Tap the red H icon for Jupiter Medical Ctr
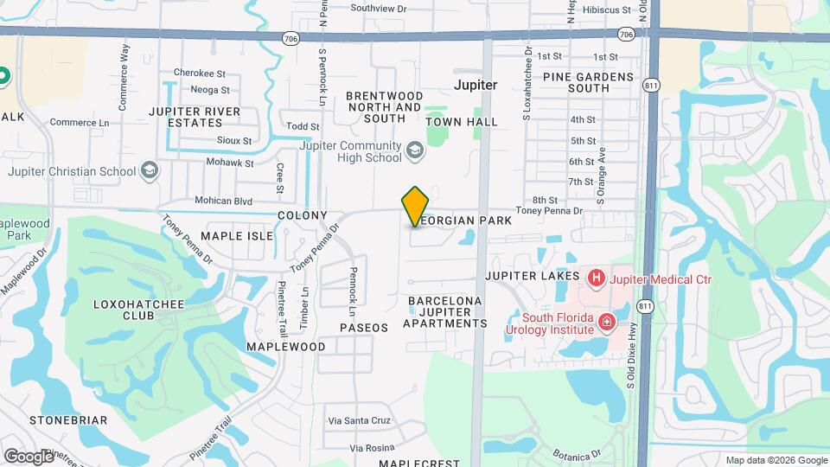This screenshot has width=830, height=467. tap(596, 278)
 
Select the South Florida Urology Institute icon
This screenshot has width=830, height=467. tap(606, 323)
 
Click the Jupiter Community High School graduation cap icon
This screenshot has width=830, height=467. tap(415, 151)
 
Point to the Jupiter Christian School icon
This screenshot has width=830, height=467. tap(150, 170)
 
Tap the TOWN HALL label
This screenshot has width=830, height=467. tap(463, 122)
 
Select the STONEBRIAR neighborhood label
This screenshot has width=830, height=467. tap(68, 420)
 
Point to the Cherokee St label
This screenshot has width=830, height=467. tap(200, 74)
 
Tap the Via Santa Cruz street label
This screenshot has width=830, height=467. tap(360, 421)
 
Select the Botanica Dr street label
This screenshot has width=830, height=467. tap(578, 455)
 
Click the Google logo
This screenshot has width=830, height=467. tap(28, 456)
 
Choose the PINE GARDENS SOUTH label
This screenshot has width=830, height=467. tap(588, 82)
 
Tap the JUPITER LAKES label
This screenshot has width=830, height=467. tap(532, 276)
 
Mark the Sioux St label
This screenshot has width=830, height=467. tap(235, 140)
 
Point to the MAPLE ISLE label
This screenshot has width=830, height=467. tap(237, 235)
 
